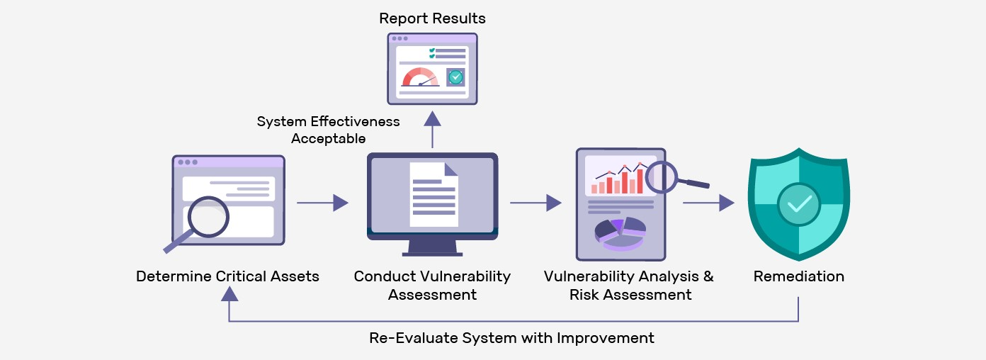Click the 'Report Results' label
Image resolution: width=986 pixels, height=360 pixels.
[432, 18]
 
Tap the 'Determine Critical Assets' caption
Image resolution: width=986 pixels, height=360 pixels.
[227, 276]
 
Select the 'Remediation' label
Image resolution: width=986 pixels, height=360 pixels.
[798, 276]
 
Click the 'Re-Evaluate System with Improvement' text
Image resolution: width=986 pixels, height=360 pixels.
[511, 338]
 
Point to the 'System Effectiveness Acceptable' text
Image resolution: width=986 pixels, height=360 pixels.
[328, 130]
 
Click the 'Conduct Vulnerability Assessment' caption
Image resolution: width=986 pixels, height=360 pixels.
[432, 285]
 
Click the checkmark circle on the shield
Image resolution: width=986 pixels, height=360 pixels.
[798, 204]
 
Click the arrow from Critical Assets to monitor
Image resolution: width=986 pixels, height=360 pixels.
[322, 203]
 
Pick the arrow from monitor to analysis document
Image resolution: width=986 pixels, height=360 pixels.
[535, 203]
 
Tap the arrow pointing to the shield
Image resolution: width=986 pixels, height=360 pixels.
[708, 203]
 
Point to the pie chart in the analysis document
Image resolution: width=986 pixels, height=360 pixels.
[620, 233]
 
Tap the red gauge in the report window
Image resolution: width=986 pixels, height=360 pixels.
[420, 77]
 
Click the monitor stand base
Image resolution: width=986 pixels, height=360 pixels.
[432, 252]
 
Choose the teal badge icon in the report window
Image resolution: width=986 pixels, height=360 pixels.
[455, 77]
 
